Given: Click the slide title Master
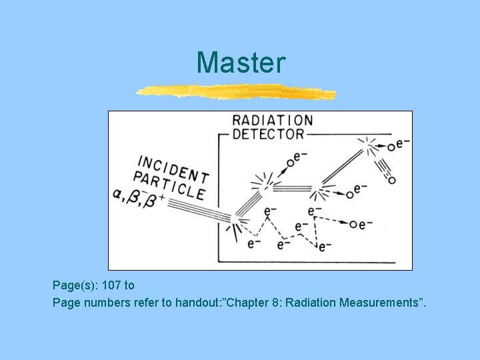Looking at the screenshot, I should [x=241, y=63].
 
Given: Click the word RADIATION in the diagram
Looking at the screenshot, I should [x=271, y=121].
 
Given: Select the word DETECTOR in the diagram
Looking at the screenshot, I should [x=267, y=134].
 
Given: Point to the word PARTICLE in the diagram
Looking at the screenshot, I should [x=169, y=185].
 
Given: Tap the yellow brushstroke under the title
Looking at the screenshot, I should [x=237, y=91].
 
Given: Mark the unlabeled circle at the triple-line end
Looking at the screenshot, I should [x=391, y=180].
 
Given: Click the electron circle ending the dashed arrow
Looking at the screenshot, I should [x=353, y=224].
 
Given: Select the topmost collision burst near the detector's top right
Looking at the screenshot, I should [x=367, y=145].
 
